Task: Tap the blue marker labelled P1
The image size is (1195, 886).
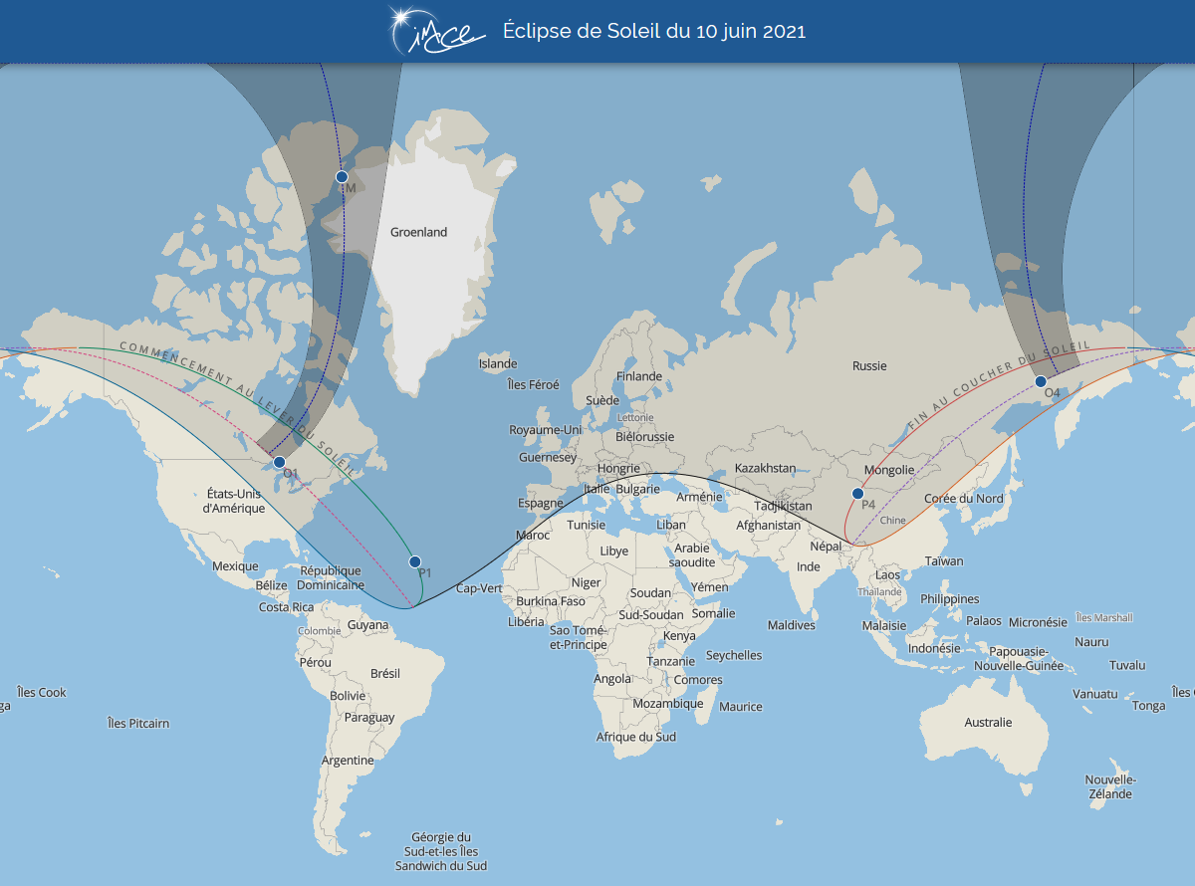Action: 415,561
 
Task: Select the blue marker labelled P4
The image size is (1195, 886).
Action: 857,494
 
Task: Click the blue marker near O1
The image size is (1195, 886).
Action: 280,462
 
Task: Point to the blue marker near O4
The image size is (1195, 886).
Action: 1041,381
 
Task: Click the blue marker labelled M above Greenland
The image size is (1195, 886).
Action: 342,176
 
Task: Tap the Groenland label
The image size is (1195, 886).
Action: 418,232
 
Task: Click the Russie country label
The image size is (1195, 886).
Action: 868,366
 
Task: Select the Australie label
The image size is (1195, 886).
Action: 987,723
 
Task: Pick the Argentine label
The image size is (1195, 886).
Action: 348,761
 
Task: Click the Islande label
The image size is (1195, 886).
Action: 498,364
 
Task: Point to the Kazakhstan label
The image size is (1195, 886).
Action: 765,468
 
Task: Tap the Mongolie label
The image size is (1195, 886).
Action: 888,470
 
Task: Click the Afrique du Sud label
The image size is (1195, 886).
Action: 635,738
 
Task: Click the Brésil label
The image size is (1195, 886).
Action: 384,674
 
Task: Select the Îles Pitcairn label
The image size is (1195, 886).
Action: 138,724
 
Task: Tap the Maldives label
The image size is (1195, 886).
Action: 791,625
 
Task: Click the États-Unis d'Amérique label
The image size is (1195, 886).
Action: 234,501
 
